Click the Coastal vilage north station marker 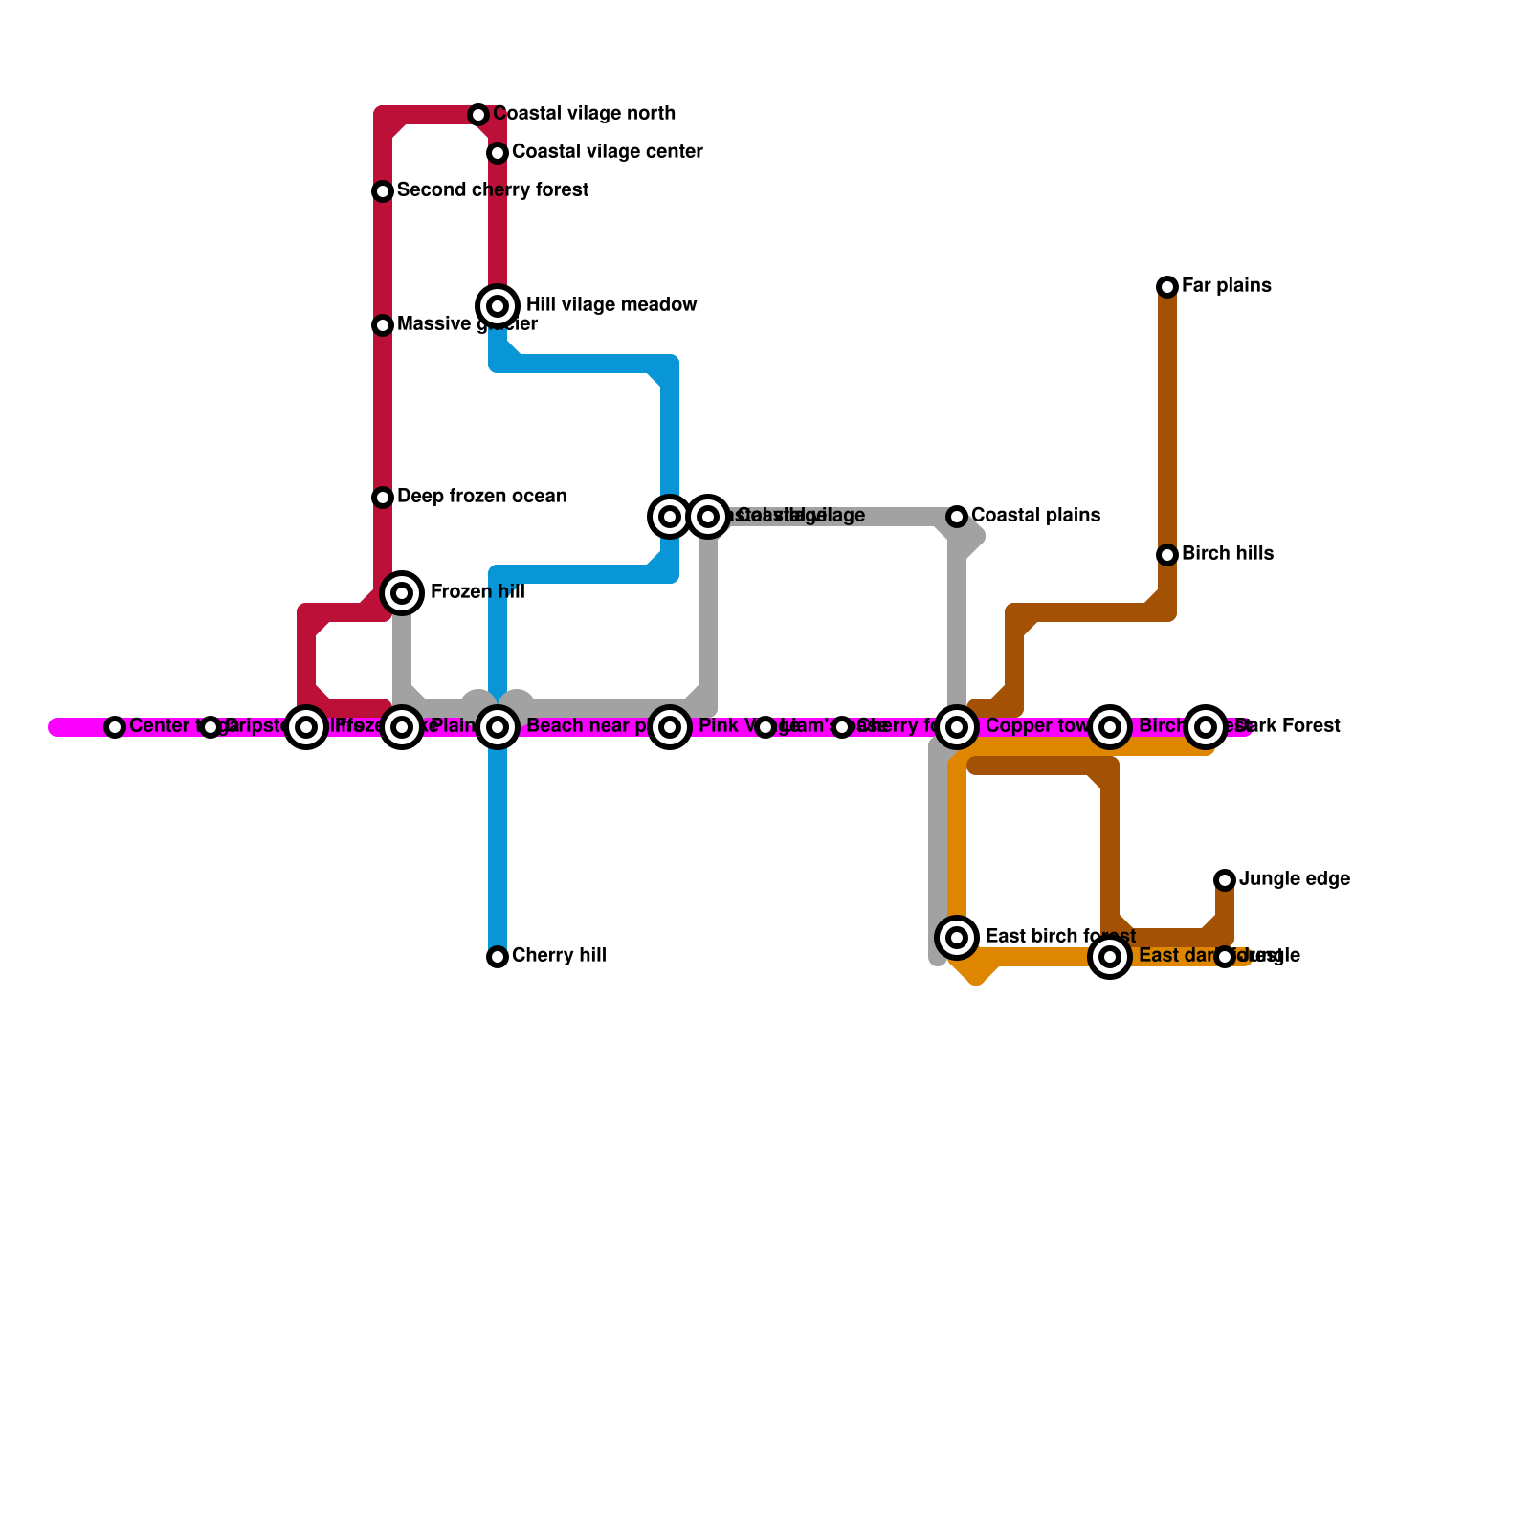pos(478,115)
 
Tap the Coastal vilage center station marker pos(498,153)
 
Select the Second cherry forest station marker pos(383,191)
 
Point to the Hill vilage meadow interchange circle pos(498,306)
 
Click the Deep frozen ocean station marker pos(383,498)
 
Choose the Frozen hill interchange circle pos(403,593)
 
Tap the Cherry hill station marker pos(498,957)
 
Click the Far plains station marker pos(1167,287)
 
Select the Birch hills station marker pos(1167,555)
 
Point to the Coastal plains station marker pos(957,517)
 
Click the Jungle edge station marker pos(1225,880)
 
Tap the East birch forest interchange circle pos(957,937)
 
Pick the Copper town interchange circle pos(957,727)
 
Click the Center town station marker pos(115,727)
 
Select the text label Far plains pos(1226,286)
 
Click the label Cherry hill pos(559,956)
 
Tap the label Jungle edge pos(1294,879)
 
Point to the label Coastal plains pos(1035,516)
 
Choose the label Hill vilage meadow pos(611,305)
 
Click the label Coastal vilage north pos(584,114)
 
